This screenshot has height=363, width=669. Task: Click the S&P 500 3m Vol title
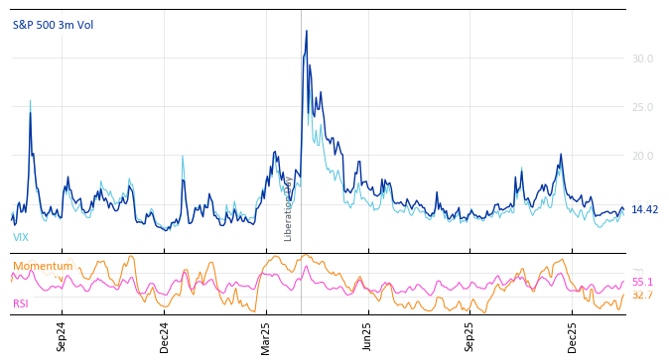(x=53, y=25)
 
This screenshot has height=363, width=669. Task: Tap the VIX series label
(x=21, y=237)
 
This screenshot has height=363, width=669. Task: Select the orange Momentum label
(x=43, y=266)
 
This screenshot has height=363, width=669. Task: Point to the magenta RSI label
(x=21, y=303)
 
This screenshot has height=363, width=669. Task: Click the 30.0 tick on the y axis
(x=642, y=60)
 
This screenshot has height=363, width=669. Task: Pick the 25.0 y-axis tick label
(x=642, y=108)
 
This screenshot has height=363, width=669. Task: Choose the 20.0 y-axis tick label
(x=642, y=156)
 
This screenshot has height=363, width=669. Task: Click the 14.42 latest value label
(x=644, y=209)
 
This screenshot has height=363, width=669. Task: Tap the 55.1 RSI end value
(x=642, y=282)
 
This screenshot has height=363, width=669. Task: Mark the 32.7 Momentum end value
(x=642, y=295)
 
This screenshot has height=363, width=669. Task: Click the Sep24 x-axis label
(x=62, y=336)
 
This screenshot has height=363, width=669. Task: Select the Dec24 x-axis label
(x=165, y=336)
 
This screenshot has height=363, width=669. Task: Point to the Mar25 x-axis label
(x=266, y=336)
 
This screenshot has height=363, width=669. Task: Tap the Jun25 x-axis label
(x=367, y=336)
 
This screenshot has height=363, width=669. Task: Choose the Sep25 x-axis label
(x=469, y=336)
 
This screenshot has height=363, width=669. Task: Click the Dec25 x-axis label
(x=572, y=336)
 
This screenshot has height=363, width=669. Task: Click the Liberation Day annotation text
(x=289, y=208)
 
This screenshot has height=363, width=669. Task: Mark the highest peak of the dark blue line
(x=307, y=31)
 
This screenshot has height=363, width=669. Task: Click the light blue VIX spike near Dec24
(x=183, y=156)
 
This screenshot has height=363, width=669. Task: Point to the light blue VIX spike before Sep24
(x=30, y=100)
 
